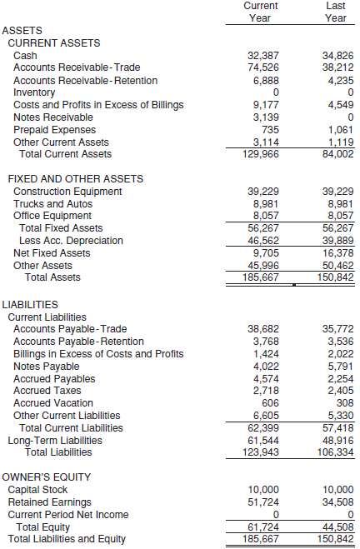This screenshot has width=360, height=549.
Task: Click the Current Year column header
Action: [261, 12]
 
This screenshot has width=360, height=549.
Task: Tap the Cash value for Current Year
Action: [264, 55]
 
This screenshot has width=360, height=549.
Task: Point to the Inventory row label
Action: [34, 92]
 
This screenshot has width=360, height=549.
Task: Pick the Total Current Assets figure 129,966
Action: [262, 154]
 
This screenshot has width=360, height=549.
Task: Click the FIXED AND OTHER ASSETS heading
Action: [75, 179]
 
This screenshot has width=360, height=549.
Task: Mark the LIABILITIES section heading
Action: [30, 305]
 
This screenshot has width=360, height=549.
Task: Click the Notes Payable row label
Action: [47, 367]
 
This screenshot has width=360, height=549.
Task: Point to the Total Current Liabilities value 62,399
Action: [264, 428]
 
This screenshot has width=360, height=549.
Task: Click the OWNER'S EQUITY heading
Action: [46, 477]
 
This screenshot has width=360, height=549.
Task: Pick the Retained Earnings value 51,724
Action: [264, 502]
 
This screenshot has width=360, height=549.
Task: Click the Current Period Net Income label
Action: [68, 515]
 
